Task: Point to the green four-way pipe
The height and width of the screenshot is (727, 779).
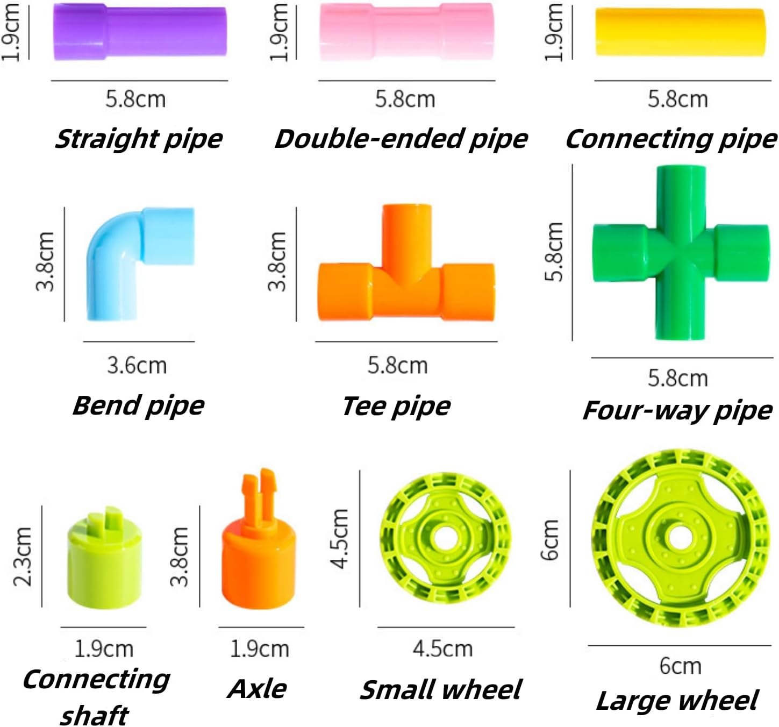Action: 681,253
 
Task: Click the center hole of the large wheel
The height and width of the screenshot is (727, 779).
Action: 678,536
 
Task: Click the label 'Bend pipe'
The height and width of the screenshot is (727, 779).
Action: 138,405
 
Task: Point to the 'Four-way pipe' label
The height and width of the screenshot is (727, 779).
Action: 677,411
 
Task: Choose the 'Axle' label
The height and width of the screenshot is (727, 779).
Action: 258,689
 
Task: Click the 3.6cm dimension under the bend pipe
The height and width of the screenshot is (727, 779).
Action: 137,366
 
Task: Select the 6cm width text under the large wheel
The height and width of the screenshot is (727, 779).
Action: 680,666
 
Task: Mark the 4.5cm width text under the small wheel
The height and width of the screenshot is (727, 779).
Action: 443,649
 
